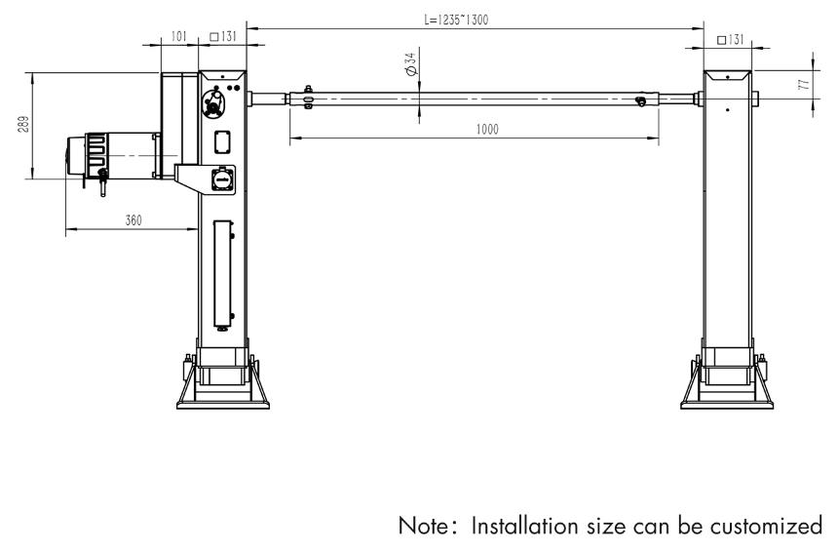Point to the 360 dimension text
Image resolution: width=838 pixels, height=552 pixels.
tap(133, 221)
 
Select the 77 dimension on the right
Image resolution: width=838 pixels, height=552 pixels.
tap(803, 86)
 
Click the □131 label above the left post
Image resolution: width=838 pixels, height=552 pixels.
tap(223, 37)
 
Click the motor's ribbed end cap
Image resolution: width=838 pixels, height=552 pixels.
tap(79, 155)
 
